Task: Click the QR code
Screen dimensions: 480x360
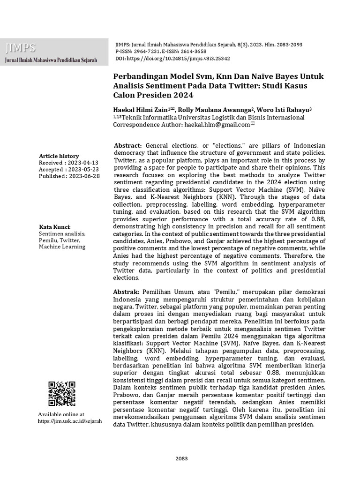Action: [x=62, y=393]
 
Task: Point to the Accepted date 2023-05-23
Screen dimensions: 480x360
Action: [x=82, y=169]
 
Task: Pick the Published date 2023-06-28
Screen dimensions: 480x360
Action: [x=83, y=176]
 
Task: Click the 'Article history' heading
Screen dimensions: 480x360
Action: [x=59, y=156]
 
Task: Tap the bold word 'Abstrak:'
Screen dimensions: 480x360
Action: [x=127, y=291]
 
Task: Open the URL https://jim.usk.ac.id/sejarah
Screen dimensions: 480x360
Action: [x=69, y=421]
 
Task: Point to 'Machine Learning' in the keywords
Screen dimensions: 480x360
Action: [x=62, y=247]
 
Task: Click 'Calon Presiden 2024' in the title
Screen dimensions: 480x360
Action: [x=154, y=96]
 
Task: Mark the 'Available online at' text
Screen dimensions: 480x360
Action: [x=61, y=414]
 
